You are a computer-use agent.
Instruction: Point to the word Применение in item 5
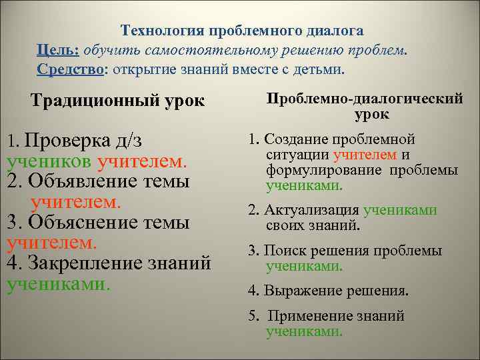coord(307,316)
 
